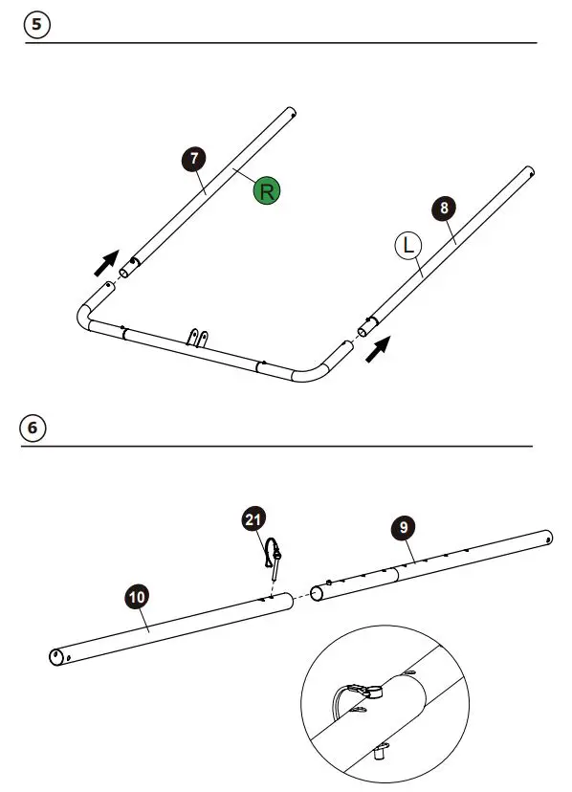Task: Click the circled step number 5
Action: point(36,26)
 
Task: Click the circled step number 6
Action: point(33,428)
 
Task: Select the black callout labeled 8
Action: point(443,208)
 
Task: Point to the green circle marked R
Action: point(267,191)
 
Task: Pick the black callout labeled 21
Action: point(253,519)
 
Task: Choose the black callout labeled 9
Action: point(403,527)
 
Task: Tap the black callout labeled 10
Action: point(137,598)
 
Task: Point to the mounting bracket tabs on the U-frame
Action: point(197,339)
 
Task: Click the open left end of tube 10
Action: point(56,657)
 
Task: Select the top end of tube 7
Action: point(289,114)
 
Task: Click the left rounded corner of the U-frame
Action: point(84,317)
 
